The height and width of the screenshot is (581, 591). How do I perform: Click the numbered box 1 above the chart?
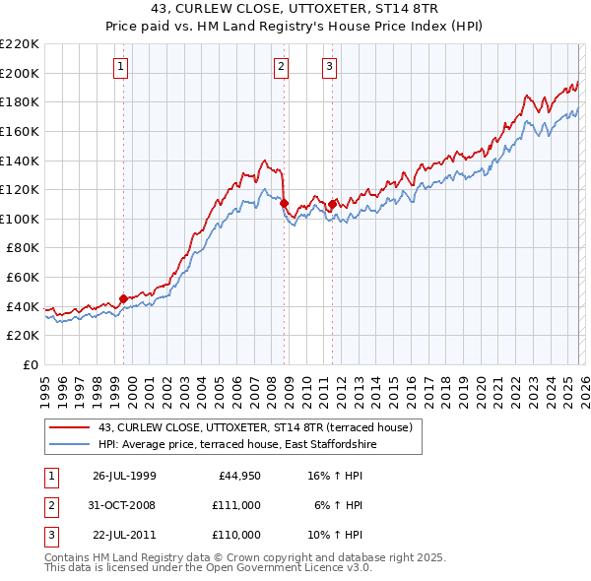[x=120, y=67]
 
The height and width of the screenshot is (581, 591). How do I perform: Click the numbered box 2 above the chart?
[x=281, y=67]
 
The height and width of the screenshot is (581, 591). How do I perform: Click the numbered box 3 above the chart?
[x=328, y=67]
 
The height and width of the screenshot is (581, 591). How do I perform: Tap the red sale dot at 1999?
[x=124, y=298]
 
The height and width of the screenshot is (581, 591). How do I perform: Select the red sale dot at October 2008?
[x=285, y=203]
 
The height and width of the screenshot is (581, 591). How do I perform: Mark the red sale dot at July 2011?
[x=332, y=204]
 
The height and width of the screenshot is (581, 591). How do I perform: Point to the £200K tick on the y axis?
[x=20, y=73]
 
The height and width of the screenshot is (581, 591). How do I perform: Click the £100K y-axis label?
[x=20, y=219]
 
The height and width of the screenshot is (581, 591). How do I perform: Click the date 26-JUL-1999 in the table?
[x=124, y=476]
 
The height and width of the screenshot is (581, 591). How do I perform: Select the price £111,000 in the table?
[x=236, y=505]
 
